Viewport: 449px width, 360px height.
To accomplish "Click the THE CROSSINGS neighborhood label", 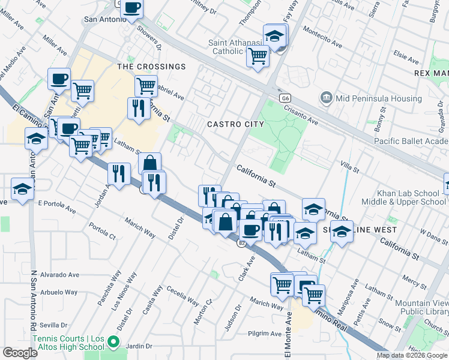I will pyautogui.click(x=151, y=67).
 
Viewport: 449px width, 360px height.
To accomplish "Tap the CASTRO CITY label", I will pyautogui.click(x=235, y=124).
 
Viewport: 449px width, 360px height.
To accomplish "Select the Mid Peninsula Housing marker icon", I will pyautogui.click(x=326, y=97).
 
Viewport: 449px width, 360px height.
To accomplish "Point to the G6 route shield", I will pyautogui.click(x=285, y=98).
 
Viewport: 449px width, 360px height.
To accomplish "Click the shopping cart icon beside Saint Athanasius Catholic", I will pyautogui.click(x=258, y=56).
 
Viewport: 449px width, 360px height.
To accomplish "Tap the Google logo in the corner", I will pyautogui.click(x=20, y=353).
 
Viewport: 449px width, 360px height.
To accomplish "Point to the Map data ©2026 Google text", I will pyautogui.click(x=412, y=355).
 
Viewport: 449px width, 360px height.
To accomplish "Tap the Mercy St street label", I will pyautogui.click(x=414, y=280).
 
